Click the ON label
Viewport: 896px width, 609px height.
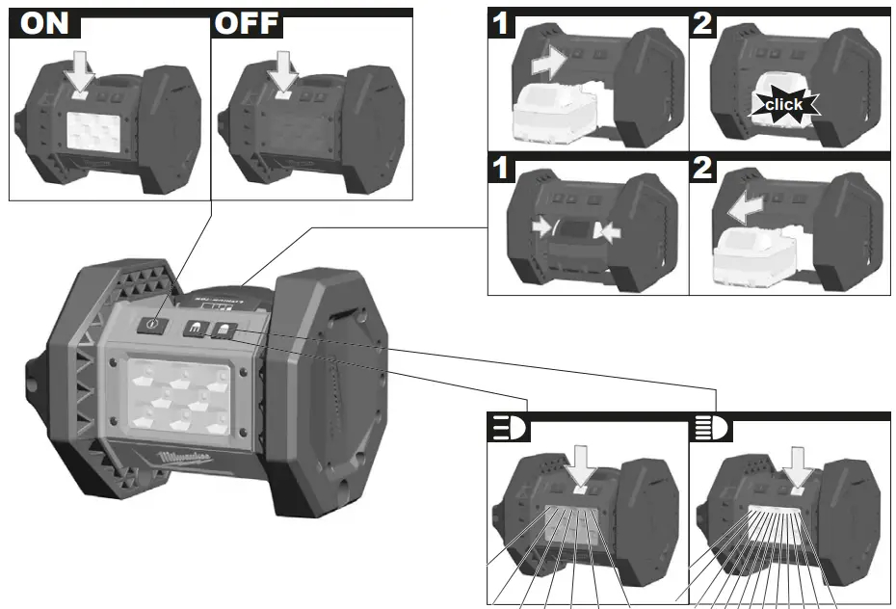pyautogui.click(x=46, y=24)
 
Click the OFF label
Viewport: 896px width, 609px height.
pyautogui.click(x=247, y=24)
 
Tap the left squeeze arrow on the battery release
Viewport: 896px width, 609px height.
pyautogui.click(x=545, y=225)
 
